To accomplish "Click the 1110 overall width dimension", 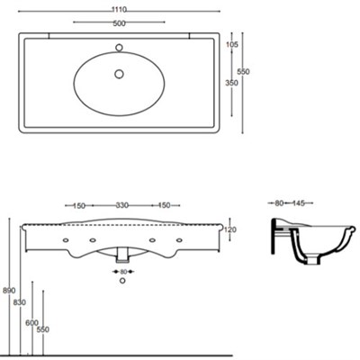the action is pyautogui.click(x=119, y=9).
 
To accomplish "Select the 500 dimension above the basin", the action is pyautogui.click(x=119, y=23).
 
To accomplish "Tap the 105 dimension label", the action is pyautogui.click(x=232, y=45).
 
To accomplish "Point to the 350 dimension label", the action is pyautogui.click(x=231, y=83).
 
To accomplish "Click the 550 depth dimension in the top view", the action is pyautogui.click(x=243, y=72).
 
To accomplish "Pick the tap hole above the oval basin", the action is pyautogui.click(x=119, y=48).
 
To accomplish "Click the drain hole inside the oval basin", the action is pyautogui.click(x=119, y=74).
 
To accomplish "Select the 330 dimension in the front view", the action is pyautogui.click(x=122, y=205).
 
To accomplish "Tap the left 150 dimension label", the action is pyautogui.click(x=79, y=206).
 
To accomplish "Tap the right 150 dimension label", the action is pyautogui.click(x=164, y=205).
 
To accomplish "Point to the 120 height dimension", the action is pyautogui.click(x=230, y=229).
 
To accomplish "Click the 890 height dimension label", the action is pyautogui.click(x=9, y=291).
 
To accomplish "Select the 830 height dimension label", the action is pyautogui.click(x=20, y=302).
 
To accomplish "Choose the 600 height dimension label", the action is pyautogui.click(x=31, y=323).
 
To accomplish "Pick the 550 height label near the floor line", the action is pyautogui.click(x=43, y=329).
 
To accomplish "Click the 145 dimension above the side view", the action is pyautogui.click(x=299, y=203).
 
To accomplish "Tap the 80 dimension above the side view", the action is pyautogui.click(x=279, y=203).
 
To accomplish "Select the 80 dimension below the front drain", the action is pyautogui.click(x=123, y=272).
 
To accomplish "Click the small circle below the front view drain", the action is pyautogui.click(x=122, y=281).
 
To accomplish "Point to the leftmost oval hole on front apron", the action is pyautogui.click(x=66, y=240).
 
